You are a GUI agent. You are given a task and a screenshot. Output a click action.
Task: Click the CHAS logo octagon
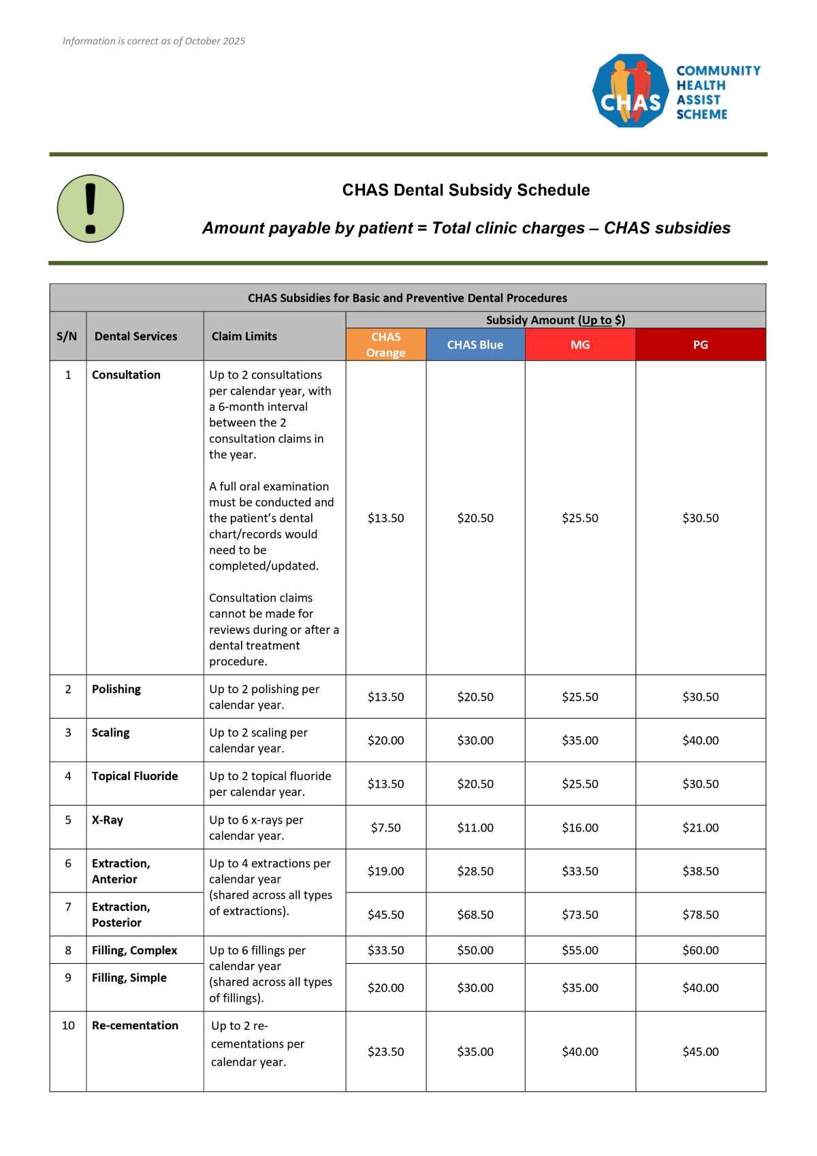(631, 91)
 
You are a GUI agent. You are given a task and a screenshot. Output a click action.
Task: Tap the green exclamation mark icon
(91, 208)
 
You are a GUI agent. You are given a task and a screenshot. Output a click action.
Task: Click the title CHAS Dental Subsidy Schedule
(466, 190)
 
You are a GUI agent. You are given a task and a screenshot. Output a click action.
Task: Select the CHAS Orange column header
(386, 345)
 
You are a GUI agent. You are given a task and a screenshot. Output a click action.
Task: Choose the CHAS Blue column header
(475, 345)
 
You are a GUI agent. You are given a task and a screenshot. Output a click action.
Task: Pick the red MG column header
(580, 345)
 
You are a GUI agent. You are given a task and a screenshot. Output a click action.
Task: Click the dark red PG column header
(701, 345)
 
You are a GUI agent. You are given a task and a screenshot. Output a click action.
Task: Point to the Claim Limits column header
(244, 337)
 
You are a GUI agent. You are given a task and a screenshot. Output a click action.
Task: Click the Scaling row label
(111, 733)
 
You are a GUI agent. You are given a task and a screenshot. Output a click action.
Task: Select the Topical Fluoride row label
(135, 777)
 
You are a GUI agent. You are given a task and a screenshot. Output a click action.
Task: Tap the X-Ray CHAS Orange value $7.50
(386, 828)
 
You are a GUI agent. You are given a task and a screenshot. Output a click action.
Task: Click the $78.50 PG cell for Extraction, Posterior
(701, 915)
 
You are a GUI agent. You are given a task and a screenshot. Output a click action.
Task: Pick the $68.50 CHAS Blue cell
(475, 915)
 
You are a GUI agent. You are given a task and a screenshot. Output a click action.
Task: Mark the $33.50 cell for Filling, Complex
(386, 950)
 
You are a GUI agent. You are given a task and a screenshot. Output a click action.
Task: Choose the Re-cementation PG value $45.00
(701, 1052)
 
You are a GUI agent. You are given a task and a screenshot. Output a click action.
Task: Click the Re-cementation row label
(135, 1026)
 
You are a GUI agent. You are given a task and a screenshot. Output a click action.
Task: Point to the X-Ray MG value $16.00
(580, 828)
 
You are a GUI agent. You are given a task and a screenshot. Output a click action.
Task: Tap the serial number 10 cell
(68, 1026)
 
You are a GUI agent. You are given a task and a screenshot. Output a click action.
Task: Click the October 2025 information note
(154, 42)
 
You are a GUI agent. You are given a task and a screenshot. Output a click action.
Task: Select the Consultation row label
(126, 375)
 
